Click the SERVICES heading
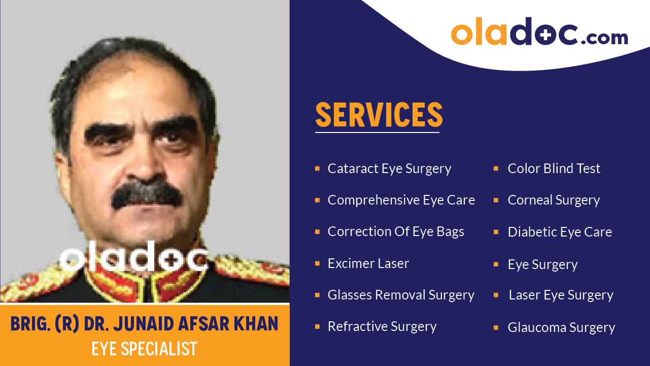pos(379,115)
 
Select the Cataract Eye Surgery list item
pos(389,169)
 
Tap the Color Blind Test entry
pos(554,169)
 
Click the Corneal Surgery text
pos(554,200)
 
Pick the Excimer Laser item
pos(368,263)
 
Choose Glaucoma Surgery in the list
pos(561,327)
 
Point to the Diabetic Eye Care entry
pos(560,232)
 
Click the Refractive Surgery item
pos(382,326)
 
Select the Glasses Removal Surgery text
pos(401,295)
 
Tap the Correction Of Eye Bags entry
pos(396,231)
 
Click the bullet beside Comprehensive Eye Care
pos(317,200)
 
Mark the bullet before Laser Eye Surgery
pos(496,295)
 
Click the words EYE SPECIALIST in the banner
pos(144,349)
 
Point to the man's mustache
pos(147,195)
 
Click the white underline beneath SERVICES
pos(377,132)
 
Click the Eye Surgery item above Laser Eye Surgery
pos(542,264)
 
